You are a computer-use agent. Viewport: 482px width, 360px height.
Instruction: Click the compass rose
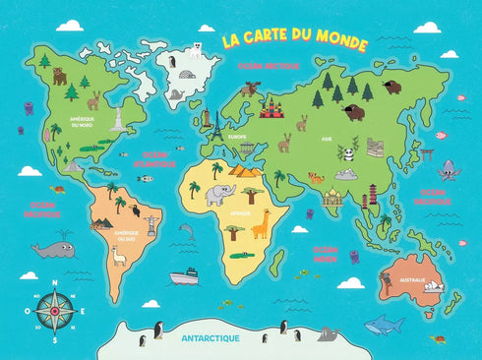53,309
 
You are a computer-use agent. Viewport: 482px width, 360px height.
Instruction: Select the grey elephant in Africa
219,192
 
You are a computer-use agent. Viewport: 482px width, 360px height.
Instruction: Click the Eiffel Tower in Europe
209,125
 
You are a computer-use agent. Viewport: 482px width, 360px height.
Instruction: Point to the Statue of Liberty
118,118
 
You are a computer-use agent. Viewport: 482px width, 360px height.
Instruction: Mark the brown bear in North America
59,76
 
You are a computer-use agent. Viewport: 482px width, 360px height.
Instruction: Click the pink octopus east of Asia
447,168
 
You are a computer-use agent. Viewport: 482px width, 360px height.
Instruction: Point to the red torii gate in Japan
427,154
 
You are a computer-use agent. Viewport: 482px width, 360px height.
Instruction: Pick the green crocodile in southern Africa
242,256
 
